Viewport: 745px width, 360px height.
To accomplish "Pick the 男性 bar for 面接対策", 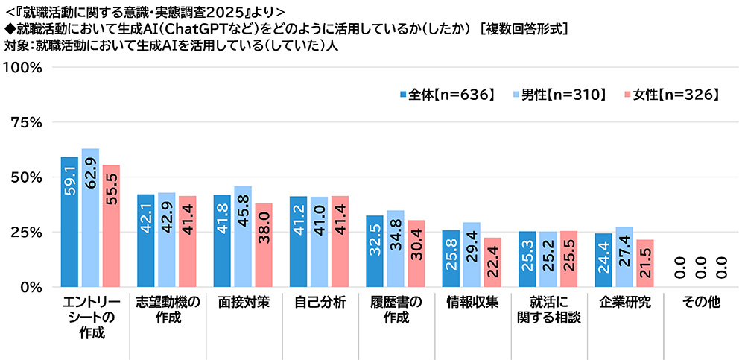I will click(x=243, y=237).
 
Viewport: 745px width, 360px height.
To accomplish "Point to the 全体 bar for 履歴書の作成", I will click(x=375, y=251).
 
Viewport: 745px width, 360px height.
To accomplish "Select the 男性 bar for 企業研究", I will click(x=624, y=257).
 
